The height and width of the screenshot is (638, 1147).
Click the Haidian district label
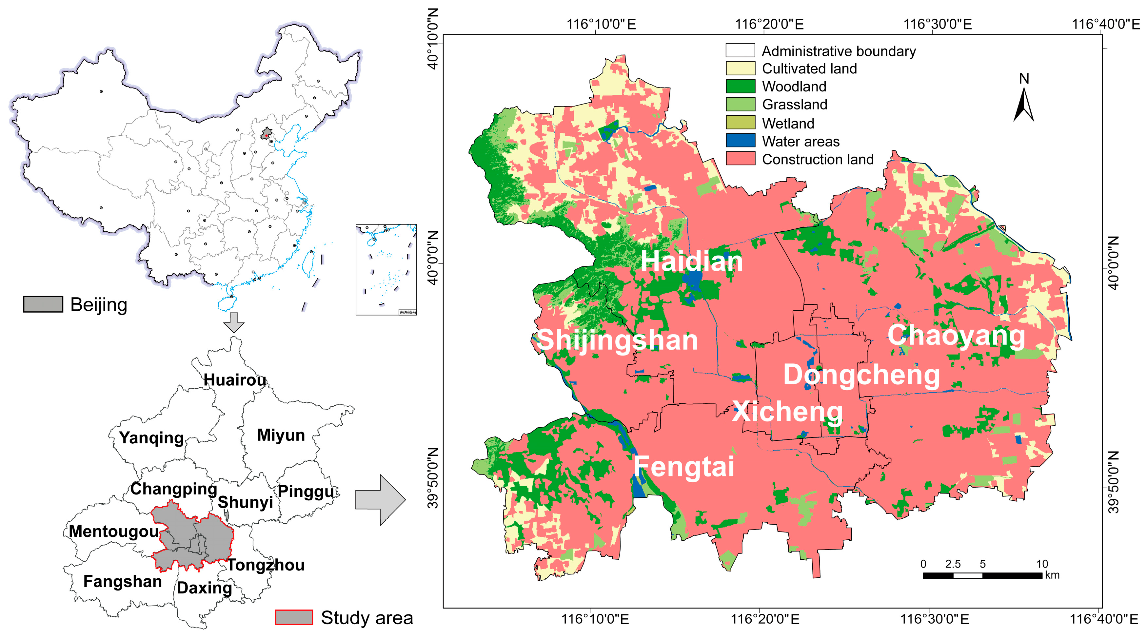691,261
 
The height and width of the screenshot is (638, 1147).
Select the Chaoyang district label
956,336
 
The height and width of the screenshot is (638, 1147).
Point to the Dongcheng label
861,375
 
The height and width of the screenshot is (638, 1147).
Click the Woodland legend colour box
740,87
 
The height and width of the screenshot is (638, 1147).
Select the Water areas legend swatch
740,141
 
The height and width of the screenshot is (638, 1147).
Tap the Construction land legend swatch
740,159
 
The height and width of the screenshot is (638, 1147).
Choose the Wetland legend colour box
740,123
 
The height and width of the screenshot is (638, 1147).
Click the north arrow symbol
1024,105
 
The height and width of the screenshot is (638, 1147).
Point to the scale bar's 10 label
1042,564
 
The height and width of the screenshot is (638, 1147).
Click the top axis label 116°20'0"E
769,24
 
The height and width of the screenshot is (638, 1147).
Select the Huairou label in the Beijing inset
235,380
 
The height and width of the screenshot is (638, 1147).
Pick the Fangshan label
123,581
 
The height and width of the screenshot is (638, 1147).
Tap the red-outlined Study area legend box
293,618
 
